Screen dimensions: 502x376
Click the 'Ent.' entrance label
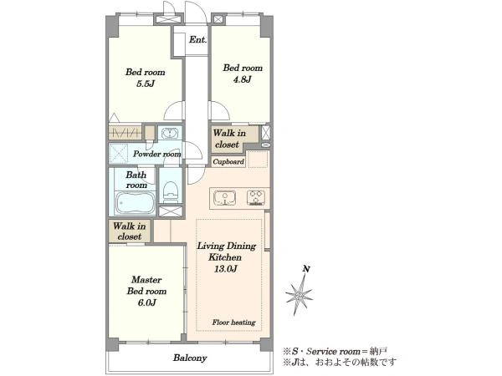point(197,39)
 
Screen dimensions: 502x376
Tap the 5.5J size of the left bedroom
point(146,84)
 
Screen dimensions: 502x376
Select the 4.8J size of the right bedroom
point(242,79)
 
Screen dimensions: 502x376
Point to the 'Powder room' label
point(157,154)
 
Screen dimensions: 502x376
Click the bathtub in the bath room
point(135,203)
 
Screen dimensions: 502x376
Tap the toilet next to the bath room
point(171,191)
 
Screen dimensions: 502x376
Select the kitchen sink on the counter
point(225,198)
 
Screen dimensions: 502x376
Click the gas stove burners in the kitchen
point(256,197)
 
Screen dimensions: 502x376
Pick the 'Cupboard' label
point(228,162)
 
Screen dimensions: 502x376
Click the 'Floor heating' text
point(233,323)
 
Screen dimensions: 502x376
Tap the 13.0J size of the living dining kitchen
point(226,269)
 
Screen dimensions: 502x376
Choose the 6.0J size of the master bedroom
point(146,302)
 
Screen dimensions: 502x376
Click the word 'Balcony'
point(190,358)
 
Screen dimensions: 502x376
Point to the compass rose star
point(299,295)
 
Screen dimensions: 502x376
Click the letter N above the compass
point(306,269)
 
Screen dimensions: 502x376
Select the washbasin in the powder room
point(169,133)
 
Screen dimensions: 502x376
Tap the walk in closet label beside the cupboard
point(228,139)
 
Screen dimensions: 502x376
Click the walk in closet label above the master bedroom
point(130,231)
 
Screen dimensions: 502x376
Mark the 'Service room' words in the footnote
point(333,352)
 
